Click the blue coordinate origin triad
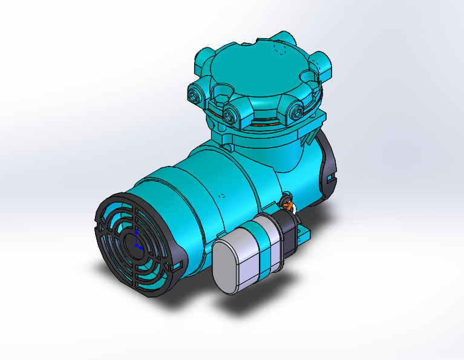137,242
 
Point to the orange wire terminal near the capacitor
289,206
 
